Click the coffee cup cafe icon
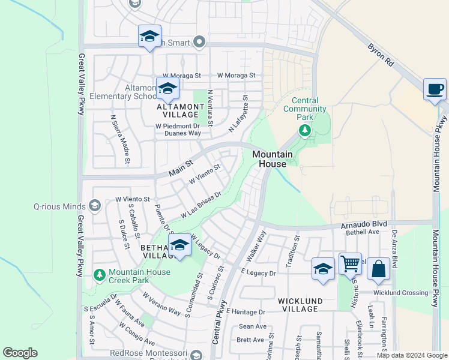435,89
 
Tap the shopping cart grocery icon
350,263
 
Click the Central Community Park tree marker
305,130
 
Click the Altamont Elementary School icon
167,89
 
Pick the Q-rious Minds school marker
94,206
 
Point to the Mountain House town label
273,159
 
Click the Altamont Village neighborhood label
177,110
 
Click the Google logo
20,353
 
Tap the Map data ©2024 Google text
412,355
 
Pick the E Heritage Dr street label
246,313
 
